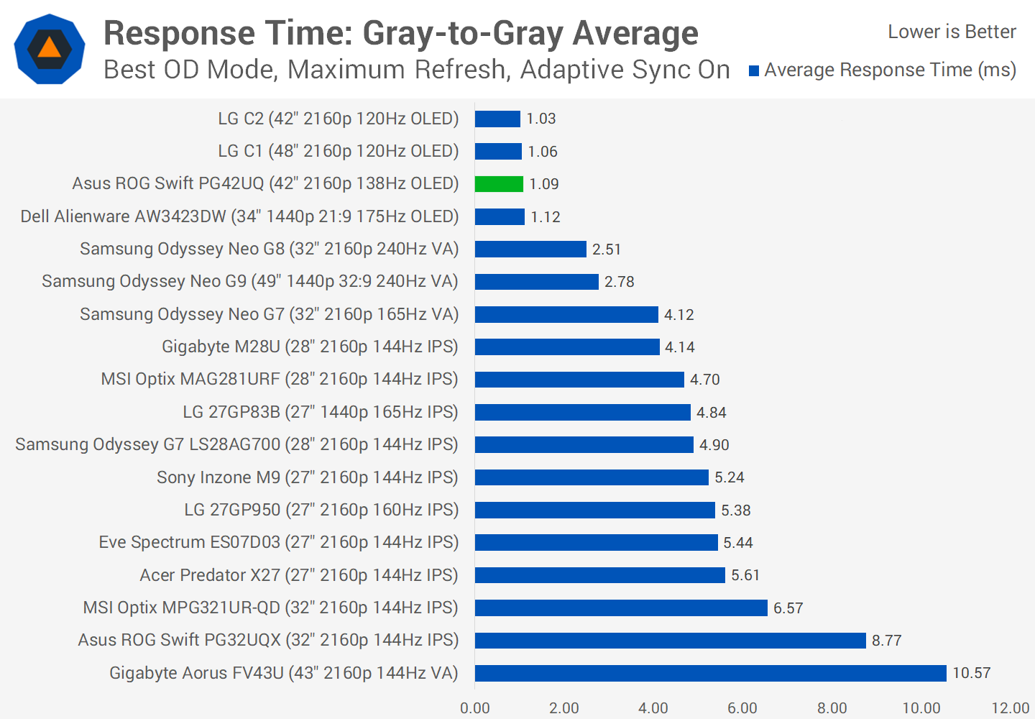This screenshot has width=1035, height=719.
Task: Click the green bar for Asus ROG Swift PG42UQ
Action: [499, 184]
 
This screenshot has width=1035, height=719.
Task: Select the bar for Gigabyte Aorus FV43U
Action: [710, 673]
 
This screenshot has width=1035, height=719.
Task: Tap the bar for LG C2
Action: [497, 119]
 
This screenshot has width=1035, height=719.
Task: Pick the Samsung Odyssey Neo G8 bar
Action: [530, 249]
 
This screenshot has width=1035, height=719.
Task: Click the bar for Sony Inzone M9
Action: [592, 477]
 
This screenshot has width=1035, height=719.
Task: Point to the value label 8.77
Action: [886, 641]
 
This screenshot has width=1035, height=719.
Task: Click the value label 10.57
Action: [971, 673]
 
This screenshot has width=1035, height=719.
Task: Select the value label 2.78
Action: [619, 282]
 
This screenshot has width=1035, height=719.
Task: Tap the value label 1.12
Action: [545, 217]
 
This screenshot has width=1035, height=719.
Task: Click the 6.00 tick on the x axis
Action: [742, 708]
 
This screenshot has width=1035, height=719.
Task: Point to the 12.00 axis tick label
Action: [1010, 708]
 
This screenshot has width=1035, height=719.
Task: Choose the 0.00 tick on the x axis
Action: [475, 708]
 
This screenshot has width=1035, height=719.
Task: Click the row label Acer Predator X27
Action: [299, 575]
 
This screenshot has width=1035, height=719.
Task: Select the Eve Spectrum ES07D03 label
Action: [278, 542]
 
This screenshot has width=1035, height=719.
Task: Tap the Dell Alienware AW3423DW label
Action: [239, 216]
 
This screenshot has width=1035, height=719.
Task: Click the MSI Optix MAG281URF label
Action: [280, 379]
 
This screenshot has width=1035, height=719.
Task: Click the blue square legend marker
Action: [754, 70]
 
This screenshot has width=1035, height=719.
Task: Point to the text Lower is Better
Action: [952, 32]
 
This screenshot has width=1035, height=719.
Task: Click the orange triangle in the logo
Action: [50, 48]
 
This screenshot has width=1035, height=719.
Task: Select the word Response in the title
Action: [178, 33]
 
